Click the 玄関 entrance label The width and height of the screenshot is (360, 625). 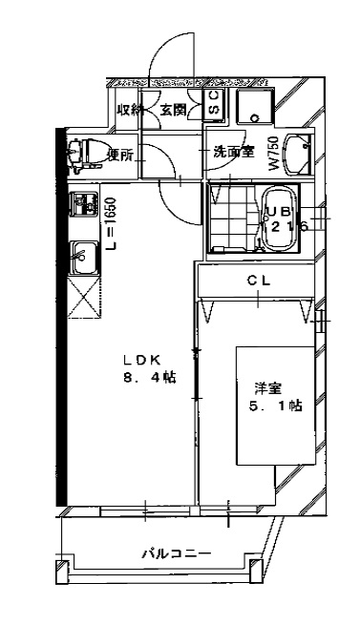[173, 110]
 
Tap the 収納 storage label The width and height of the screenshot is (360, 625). [130, 110]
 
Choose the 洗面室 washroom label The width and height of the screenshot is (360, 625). [232, 151]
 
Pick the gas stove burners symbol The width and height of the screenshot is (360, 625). [84, 205]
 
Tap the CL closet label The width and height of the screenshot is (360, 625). [258, 281]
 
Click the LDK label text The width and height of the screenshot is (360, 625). [146, 360]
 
